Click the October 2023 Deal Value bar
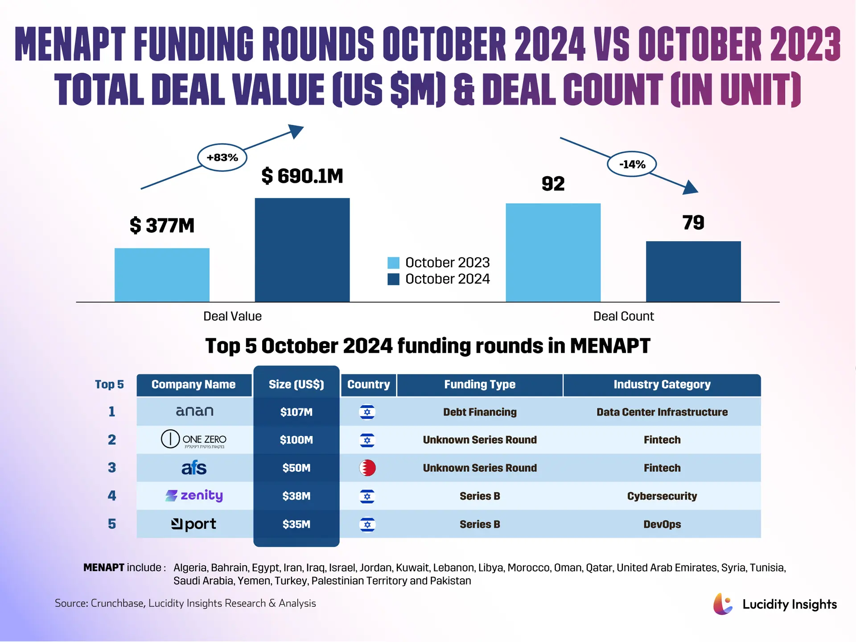pos(162,275)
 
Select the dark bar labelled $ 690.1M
pos(302,250)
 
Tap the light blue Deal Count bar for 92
pos(553,252)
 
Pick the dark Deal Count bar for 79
pos(693,272)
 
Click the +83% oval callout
pos(222,157)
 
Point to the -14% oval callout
pos(632,165)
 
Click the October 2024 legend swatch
pos(393,279)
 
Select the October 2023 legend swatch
pos(393,263)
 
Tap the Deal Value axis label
pos(232,316)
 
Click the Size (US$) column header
pos(296,384)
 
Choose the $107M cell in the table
pos(296,412)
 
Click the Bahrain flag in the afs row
pos(367,468)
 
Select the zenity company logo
pos(194,496)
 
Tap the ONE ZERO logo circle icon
pos(170,439)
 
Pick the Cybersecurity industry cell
pos(662,496)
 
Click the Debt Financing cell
pos(480,412)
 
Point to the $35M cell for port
pos(296,524)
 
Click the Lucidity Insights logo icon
pos(723,604)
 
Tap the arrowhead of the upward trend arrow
pos(296,131)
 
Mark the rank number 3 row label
pos(112,468)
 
